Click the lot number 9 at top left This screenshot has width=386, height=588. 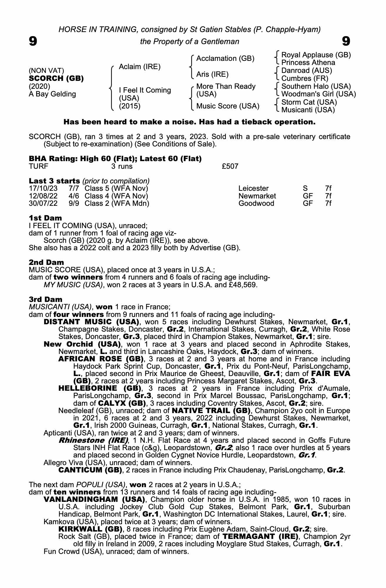pos(33,41)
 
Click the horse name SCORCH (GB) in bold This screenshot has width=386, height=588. pos(56,78)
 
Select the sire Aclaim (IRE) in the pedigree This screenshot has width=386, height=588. pos(140,67)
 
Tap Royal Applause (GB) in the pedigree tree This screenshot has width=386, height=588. pos(316,55)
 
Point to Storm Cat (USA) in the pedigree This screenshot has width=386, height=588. pos(309,102)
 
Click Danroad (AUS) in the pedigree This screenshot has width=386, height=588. pos(307,71)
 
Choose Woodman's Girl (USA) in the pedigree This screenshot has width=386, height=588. pos(318,94)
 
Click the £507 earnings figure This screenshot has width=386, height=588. pos(230,166)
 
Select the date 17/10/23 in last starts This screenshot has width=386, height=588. pos(43,188)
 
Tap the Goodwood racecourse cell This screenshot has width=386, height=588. pos(256,203)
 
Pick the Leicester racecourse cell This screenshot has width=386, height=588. pos(254,188)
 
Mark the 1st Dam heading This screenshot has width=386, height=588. pos(46,218)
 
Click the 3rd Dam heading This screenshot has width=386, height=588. pos(46,299)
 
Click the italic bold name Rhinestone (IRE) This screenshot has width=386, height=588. pos(93,440)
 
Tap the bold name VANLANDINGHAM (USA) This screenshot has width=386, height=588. pos(94,500)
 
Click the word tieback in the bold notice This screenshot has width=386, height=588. pos(255,122)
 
